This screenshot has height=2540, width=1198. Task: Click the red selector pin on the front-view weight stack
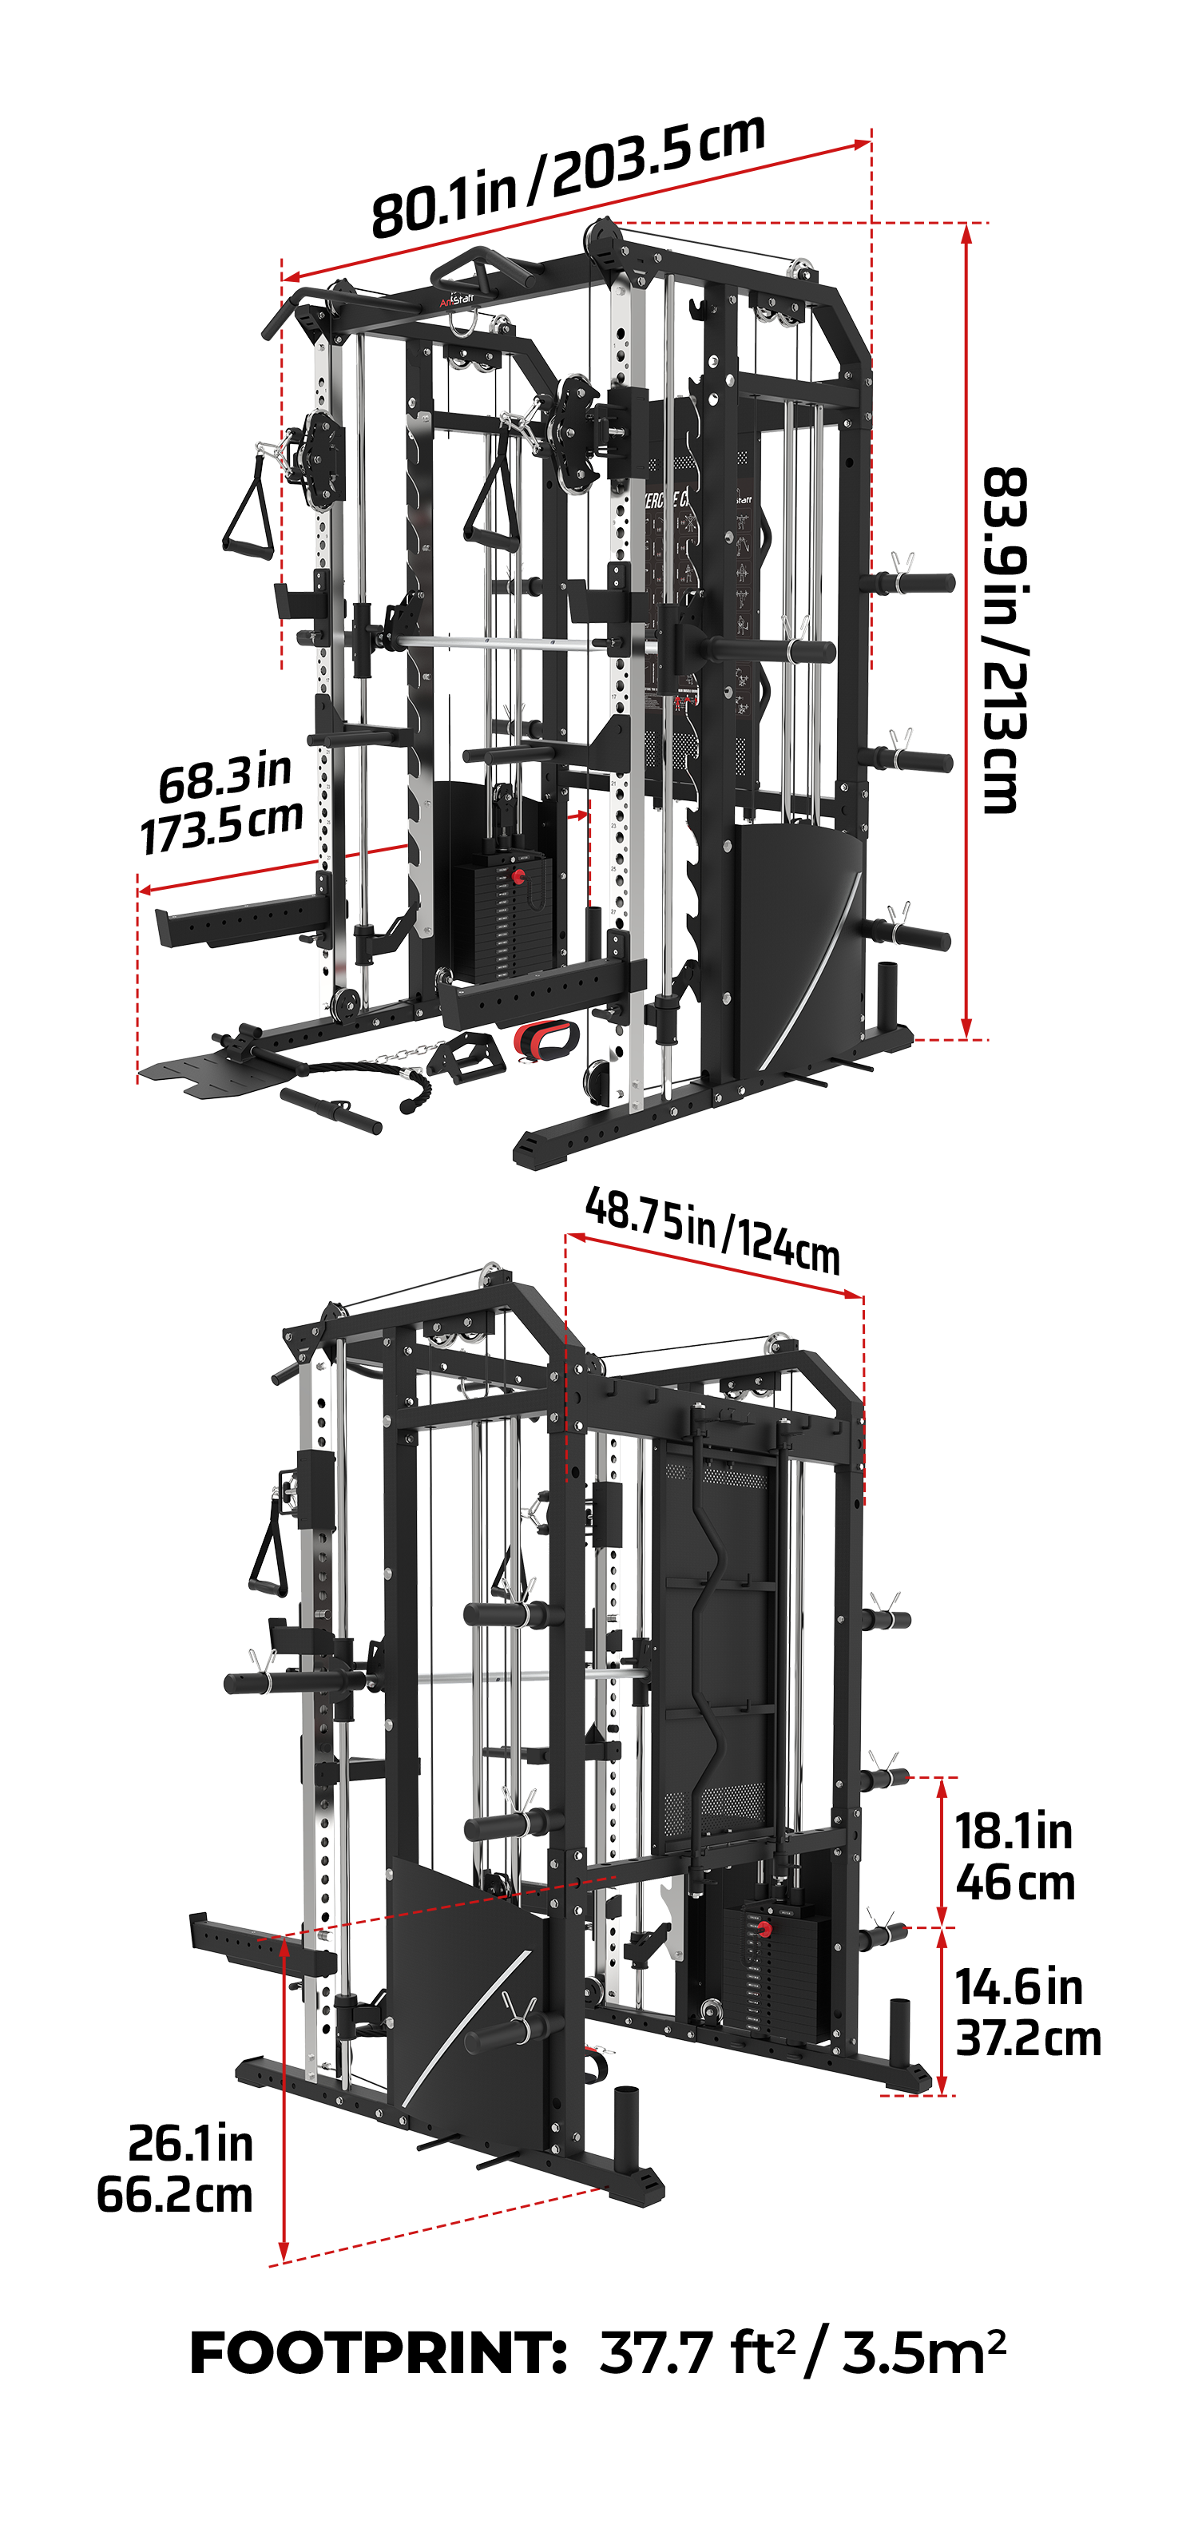click(518, 875)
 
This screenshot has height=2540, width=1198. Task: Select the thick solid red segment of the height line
click(966, 986)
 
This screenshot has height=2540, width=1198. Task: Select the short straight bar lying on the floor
click(331, 1110)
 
